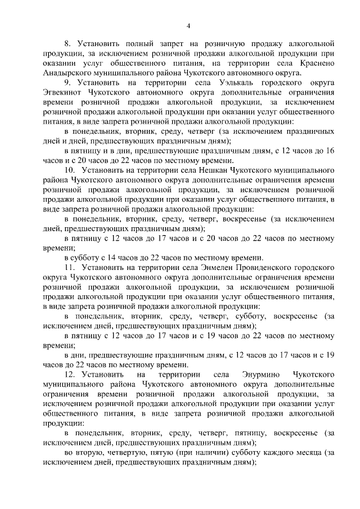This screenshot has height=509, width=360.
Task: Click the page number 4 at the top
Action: (x=189, y=25)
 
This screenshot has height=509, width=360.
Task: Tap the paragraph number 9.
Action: (x=66, y=83)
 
